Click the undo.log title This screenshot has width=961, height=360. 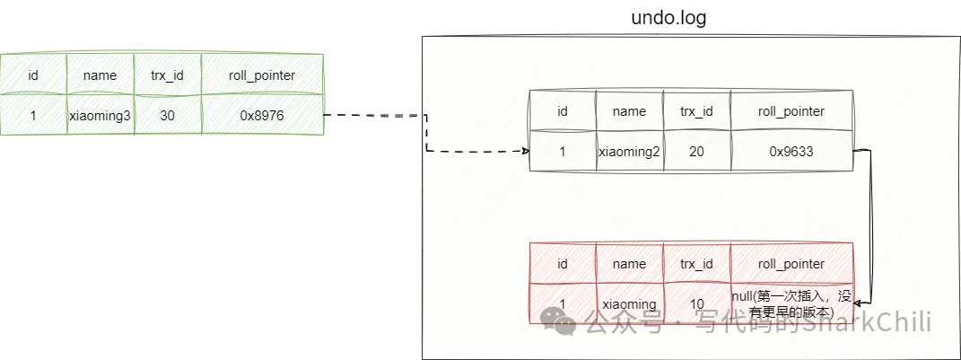pos(668,18)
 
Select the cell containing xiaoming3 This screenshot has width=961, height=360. pos(100,115)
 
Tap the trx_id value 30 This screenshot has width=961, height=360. pos(167,115)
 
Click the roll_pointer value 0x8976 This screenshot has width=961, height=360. pos(261,115)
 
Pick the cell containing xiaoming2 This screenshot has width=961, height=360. pos(629,152)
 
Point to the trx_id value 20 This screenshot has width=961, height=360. pos(696,152)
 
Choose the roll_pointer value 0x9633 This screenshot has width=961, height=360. pos(791,152)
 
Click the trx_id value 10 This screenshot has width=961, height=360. pos(696,304)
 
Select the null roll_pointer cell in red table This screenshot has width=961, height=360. pos(791,303)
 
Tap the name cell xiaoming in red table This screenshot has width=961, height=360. pos(629,304)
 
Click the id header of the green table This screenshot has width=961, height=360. pos(33,75)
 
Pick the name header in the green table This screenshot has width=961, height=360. pos(100,75)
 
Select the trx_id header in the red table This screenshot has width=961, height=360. pos(696,264)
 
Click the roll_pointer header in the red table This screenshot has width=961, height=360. pos(791,264)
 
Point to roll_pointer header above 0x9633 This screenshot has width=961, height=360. pos(791,111)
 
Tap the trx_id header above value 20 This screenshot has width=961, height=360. pos(696,111)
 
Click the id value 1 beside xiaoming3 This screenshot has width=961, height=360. pos(33,115)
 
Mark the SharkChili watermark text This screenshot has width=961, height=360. pos(865,321)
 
